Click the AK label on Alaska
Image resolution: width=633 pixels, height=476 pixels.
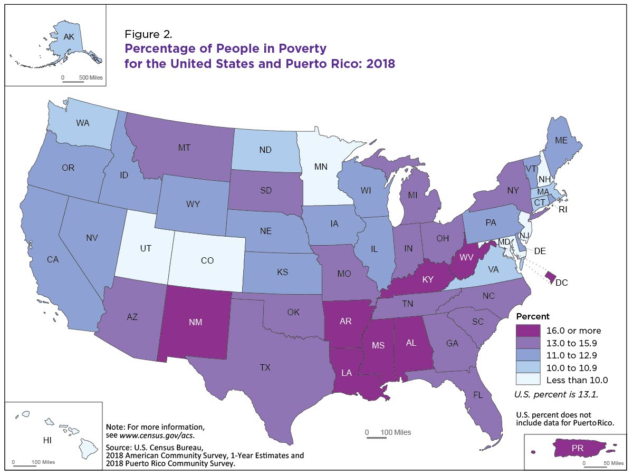click(x=69, y=37)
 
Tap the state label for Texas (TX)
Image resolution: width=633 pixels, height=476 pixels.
click(x=265, y=367)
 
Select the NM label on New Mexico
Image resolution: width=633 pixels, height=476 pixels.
click(x=196, y=322)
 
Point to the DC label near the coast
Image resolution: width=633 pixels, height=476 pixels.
click(x=561, y=283)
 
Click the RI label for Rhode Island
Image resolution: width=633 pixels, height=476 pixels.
click(x=563, y=209)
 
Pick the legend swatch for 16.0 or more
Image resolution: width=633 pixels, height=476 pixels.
click(x=528, y=331)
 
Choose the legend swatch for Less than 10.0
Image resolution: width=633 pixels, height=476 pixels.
click(x=528, y=379)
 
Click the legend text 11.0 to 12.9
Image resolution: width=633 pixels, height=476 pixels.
click(x=572, y=355)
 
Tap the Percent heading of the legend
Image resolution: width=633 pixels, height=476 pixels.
click(x=533, y=316)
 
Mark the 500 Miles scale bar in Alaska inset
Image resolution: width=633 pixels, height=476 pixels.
click(x=73, y=82)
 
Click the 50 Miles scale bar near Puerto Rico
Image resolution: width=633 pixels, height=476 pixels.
click(x=596, y=467)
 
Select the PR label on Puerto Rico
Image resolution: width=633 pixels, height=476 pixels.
click(x=577, y=448)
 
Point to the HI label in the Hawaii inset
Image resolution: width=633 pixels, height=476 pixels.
click(x=47, y=440)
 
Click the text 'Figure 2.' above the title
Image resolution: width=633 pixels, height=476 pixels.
click(x=148, y=34)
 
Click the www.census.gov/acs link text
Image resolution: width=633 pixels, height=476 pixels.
click(x=157, y=435)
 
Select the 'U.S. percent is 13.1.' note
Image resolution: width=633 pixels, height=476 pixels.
click(x=557, y=394)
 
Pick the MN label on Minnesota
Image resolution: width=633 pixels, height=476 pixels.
click(x=321, y=167)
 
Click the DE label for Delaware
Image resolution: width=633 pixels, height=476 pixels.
click(x=540, y=251)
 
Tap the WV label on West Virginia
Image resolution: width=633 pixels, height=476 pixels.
click(x=466, y=257)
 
